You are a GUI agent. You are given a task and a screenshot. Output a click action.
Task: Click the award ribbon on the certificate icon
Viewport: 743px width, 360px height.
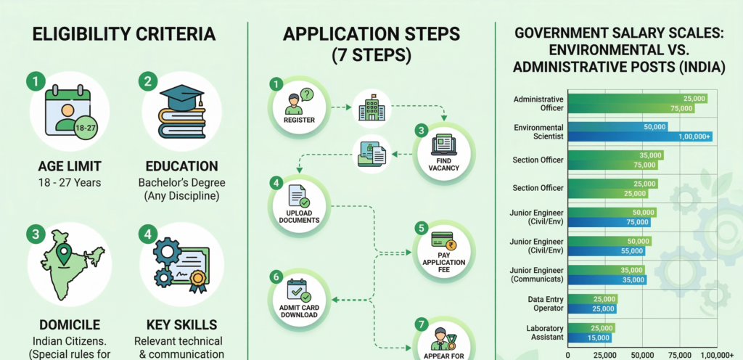[197, 282]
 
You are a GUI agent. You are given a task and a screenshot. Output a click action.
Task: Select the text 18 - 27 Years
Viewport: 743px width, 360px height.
[70, 182]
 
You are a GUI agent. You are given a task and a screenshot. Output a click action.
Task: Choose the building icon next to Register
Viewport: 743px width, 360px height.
[371, 110]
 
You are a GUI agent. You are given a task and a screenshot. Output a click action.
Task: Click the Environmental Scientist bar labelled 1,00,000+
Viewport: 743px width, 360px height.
[641, 136]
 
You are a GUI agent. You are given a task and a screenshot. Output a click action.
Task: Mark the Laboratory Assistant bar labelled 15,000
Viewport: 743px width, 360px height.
[589, 337]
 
